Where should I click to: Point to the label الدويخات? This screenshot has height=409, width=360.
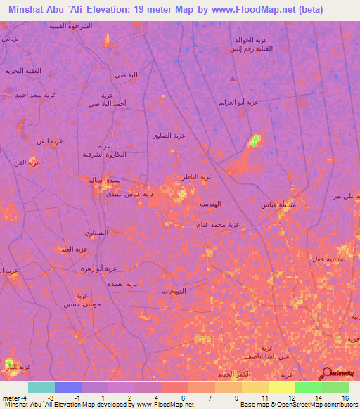point(173,290)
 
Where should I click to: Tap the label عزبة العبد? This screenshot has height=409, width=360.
point(73,249)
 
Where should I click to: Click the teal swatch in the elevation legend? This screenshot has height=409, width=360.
point(41,387)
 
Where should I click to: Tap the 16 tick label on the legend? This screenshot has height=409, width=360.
point(345,398)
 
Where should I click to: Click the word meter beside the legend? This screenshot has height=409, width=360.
point(11,398)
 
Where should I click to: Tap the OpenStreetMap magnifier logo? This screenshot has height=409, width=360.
point(326,374)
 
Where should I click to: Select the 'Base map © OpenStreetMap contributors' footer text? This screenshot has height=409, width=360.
point(298,405)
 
